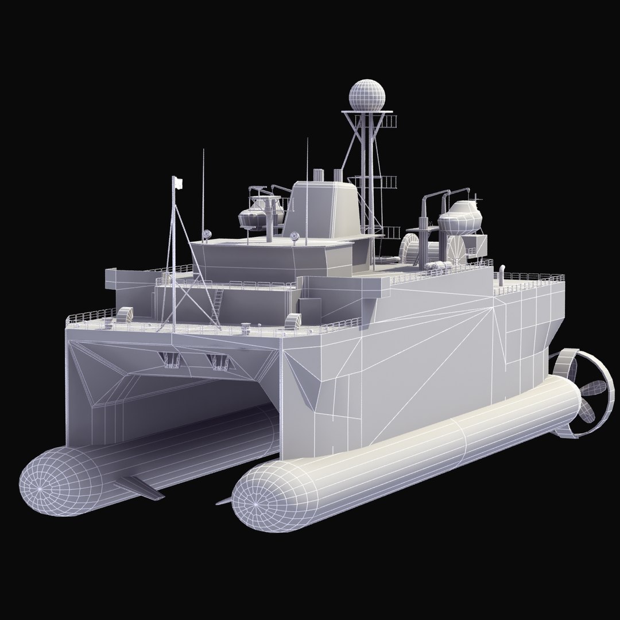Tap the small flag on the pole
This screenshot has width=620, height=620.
pos(178,182)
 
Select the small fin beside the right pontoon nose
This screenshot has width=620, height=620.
pos(223,501)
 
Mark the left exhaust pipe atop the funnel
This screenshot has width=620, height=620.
pos(317,173)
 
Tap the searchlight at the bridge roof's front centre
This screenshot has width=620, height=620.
pos(296,236)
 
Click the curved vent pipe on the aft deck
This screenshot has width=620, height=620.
pos(501,273)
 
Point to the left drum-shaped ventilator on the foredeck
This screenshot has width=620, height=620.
pos(125,315)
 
